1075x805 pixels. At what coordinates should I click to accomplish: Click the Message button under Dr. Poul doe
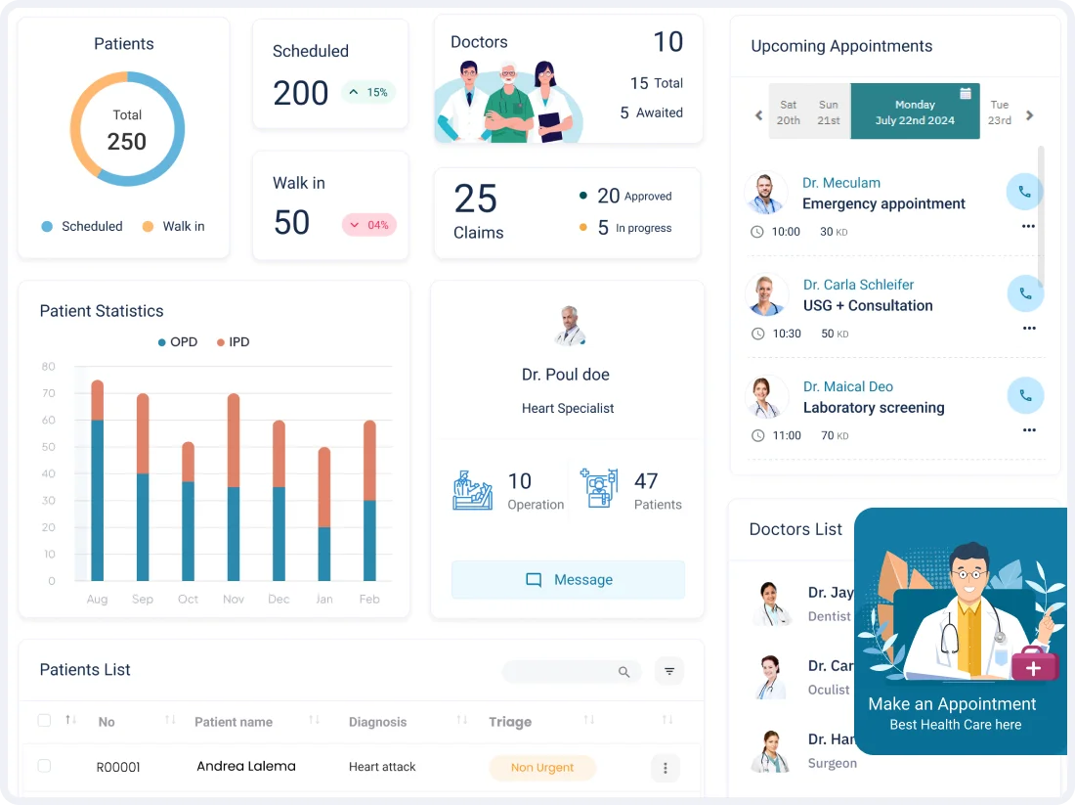568,580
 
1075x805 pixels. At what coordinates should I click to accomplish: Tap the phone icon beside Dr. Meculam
1024,192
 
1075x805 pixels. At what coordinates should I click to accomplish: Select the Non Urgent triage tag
541,768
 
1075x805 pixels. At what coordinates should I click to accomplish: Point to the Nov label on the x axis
234,600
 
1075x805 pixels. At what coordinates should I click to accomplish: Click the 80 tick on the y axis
49,367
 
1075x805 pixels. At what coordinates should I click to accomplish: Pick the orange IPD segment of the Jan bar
324,487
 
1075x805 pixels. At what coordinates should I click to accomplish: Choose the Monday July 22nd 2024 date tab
915,112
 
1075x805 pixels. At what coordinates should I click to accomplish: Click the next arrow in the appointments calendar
1030,115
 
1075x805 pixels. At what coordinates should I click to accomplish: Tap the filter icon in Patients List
669,672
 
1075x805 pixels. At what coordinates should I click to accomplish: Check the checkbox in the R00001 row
44,766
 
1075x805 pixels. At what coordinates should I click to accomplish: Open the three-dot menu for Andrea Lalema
665,768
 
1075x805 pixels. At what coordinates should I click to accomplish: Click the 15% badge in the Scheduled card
368,93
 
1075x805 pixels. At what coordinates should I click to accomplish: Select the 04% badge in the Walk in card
368,225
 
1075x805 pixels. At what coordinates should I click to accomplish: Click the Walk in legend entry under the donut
174,227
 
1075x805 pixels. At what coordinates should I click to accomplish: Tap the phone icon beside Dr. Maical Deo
1025,395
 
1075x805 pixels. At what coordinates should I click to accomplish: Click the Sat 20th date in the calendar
789,112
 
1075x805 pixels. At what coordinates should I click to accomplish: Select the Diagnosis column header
377,722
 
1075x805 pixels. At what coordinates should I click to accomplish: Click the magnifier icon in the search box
624,672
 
